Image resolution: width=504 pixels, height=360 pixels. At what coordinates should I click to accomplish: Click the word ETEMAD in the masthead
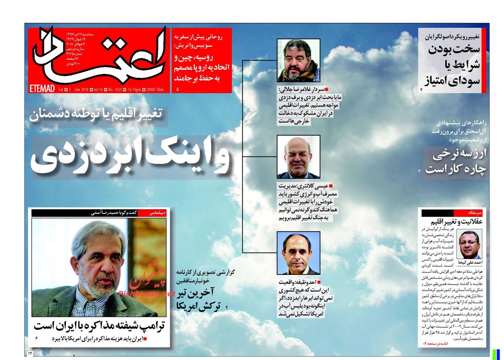[x=42, y=89]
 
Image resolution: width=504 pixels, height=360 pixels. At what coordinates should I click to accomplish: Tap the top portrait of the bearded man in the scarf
[x=298, y=61]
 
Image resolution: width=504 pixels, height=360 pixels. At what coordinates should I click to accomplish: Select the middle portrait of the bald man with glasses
[x=298, y=157]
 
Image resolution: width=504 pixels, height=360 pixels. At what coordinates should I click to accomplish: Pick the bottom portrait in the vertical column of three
[x=298, y=253]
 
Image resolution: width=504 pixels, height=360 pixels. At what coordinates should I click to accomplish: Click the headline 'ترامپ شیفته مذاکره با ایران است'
[x=100, y=325]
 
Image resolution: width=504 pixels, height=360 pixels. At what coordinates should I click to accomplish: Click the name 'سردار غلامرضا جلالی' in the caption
[x=301, y=90]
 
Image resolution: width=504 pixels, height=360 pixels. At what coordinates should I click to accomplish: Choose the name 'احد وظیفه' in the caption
[x=309, y=282]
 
